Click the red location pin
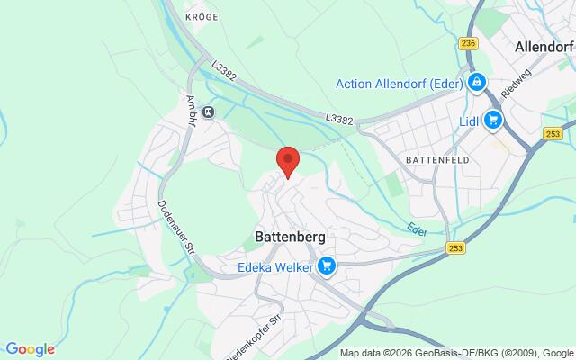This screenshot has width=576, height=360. pyautogui.click(x=287, y=161)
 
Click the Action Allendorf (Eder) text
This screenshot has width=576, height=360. pyautogui.click(x=399, y=84)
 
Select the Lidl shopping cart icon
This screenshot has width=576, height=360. pyautogui.click(x=492, y=119)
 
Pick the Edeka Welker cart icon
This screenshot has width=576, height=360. pyautogui.click(x=327, y=265)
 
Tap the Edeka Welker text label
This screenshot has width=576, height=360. pyautogui.click(x=274, y=265)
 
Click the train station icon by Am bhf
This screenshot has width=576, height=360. pyautogui.click(x=208, y=112)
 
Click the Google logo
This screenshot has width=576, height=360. pyautogui.click(x=30, y=349)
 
